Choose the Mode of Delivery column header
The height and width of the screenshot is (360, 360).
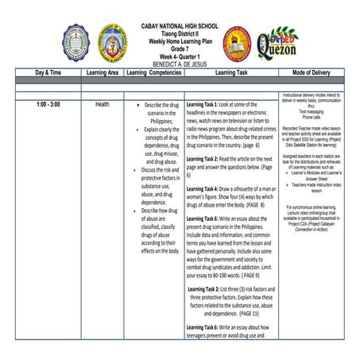coord(314,72)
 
